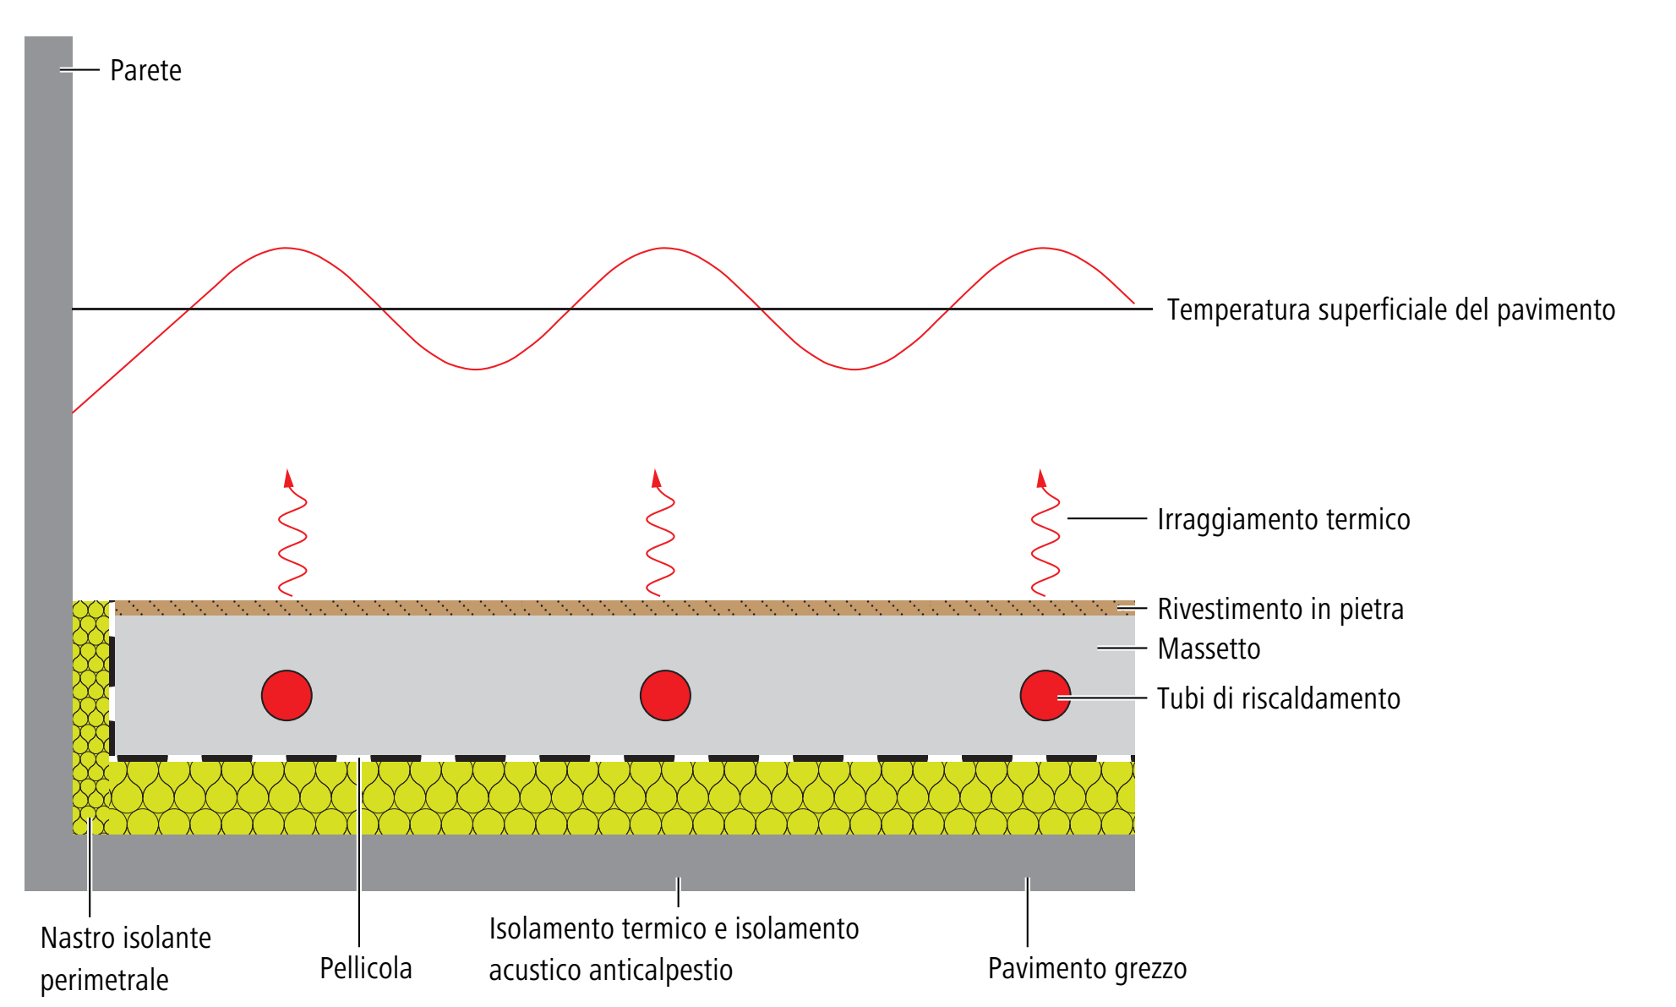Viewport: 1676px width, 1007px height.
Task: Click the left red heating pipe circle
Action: coord(287,696)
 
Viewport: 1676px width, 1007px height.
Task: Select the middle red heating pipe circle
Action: coord(665,696)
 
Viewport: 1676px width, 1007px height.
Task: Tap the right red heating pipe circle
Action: coord(1045,696)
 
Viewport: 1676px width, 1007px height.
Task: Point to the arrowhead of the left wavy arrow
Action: coord(288,478)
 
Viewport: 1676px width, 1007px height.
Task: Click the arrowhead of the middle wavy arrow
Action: coord(656,478)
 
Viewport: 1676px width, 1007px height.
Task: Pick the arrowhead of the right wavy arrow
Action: coord(1041,478)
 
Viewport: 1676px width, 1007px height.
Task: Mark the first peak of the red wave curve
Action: coord(286,248)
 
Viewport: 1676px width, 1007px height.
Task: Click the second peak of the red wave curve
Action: coord(664,248)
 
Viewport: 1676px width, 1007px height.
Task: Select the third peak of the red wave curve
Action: coord(1042,248)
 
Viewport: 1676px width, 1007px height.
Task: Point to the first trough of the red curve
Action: coord(475,369)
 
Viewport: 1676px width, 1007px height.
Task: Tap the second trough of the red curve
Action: coord(854,369)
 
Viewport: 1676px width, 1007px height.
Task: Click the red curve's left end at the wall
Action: coord(74,412)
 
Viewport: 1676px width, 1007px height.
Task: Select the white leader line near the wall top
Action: coord(80,70)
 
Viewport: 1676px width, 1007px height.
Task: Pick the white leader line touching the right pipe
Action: coord(1103,698)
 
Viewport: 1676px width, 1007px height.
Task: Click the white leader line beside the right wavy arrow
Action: coord(1107,519)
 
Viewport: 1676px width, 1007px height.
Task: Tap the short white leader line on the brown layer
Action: coord(1133,608)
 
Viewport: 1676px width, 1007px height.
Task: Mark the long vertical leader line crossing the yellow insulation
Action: coord(359,854)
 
